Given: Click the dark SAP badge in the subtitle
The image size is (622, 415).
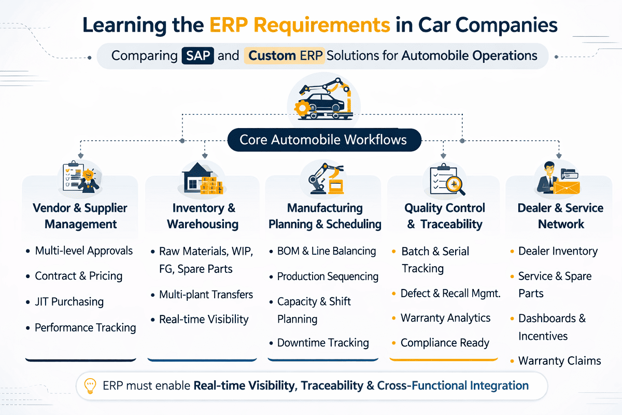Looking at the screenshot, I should pyautogui.click(x=198, y=56).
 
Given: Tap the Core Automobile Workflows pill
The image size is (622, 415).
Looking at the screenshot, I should pyautogui.click(x=323, y=140).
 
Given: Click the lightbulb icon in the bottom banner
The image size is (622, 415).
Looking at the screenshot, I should pyautogui.click(x=90, y=386).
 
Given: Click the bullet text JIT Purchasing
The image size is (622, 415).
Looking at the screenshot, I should pyautogui.click(x=69, y=302).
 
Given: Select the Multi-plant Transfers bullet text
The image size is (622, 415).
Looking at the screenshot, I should pyautogui.click(x=206, y=295).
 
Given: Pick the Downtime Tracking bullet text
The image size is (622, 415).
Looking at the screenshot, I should pyautogui.click(x=323, y=343).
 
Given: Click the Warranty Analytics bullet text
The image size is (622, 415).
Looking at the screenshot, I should pyautogui.click(x=445, y=318).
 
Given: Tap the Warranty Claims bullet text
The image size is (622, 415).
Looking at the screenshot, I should pyautogui.click(x=559, y=361).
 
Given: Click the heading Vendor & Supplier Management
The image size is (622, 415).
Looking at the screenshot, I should pyautogui.click(x=80, y=216).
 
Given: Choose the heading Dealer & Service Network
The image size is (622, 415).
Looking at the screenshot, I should pyautogui.click(x=560, y=216).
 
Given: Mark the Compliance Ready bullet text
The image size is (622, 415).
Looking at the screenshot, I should pyautogui.click(x=445, y=343).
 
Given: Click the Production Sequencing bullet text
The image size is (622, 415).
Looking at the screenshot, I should pyautogui.click(x=328, y=276).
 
